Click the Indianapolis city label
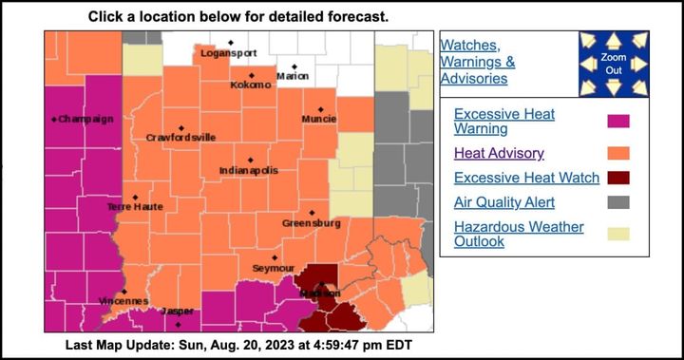point(249,170)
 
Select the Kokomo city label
point(251,85)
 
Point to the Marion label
point(293,76)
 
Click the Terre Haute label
point(135,206)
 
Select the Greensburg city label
point(311,223)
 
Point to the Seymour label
point(274,269)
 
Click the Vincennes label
point(123,302)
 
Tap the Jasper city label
point(178,312)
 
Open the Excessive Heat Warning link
point(504,121)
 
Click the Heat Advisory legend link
point(499,152)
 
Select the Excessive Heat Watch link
point(526,178)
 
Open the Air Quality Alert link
point(504,202)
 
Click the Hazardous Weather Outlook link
point(519,234)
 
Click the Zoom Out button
point(613,64)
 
